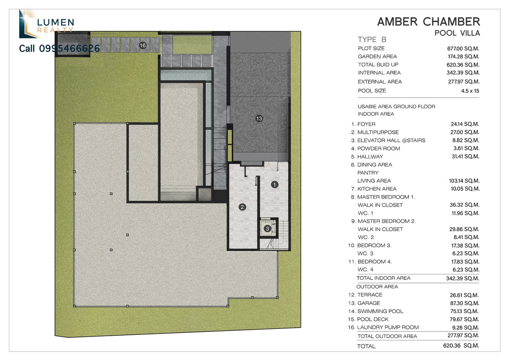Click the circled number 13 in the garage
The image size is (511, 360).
[x=259, y=118]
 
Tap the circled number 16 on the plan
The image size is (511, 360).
[x=143, y=46]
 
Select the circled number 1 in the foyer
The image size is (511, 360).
[x=274, y=184]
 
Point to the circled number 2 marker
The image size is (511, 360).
[x=242, y=207]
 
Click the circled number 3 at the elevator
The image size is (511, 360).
[x=267, y=228]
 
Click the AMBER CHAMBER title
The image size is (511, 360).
[x=429, y=22]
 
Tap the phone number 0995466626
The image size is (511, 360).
[x=69, y=49]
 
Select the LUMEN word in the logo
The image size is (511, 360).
[x=55, y=23]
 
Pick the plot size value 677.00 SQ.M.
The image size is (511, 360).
[x=463, y=49]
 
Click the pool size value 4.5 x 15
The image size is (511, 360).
[x=470, y=91]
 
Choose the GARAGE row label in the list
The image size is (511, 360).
[x=369, y=303]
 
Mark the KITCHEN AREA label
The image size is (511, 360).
[x=377, y=189]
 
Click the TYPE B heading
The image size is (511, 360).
[x=372, y=40]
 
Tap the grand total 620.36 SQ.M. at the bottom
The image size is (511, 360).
[x=461, y=346]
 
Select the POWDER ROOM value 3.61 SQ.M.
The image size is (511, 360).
[x=466, y=148]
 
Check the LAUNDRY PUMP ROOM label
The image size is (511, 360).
[x=388, y=327]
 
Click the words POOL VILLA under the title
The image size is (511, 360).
[x=457, y=33]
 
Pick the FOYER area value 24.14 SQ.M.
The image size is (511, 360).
[x=465, y=124]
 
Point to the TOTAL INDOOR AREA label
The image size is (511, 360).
[x=384, y=278]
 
